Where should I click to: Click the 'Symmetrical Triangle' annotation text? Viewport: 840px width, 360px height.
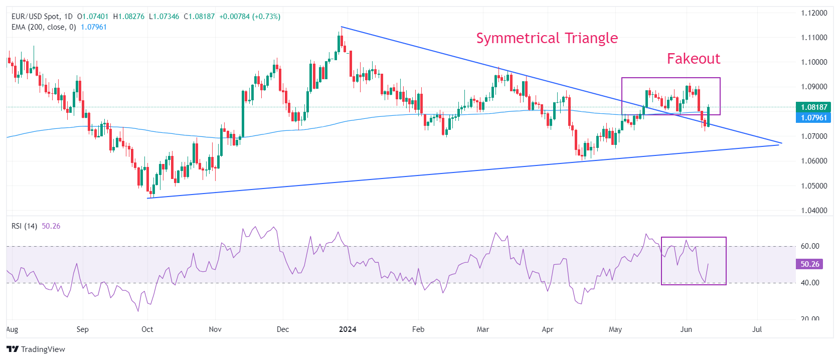[x=547, y=38]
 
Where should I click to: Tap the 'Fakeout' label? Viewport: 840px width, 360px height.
[x=693, y=59]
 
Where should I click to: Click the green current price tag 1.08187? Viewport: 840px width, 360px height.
[x=813, y=107]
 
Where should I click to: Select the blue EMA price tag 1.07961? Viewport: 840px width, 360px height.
[x=813, y=118]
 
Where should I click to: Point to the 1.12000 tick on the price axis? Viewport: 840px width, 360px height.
[x=814, y=13]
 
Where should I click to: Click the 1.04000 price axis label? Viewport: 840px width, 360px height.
[x=814, y=211]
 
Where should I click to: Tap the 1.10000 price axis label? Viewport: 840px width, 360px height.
[x=814, y=62]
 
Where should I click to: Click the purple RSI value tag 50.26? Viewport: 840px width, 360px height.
[x=809, y=264]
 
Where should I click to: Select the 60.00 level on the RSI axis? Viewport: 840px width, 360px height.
[x=810, y=246]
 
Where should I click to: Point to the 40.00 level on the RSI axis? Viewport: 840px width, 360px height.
[x=810, y=283]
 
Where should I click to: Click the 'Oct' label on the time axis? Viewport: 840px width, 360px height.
[x=147, y=329]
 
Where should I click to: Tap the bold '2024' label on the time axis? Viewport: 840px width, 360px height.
[x=348, y=329]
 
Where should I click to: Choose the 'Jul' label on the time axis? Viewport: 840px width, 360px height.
[x=757, y=329]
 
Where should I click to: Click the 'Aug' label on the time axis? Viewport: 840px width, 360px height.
[x=12, y=329]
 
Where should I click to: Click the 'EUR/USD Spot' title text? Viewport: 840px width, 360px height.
[x=35, y=17]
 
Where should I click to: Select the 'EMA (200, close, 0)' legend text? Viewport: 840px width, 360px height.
[x=44, y=27]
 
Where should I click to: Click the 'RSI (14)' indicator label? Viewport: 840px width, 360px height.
[x=24, y=226]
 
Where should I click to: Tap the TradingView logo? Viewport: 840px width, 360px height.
[x=36, y=349]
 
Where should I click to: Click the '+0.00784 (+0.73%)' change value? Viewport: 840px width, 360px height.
[x=250, y=17]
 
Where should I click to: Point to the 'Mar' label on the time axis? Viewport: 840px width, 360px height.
[x=482, y=329]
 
